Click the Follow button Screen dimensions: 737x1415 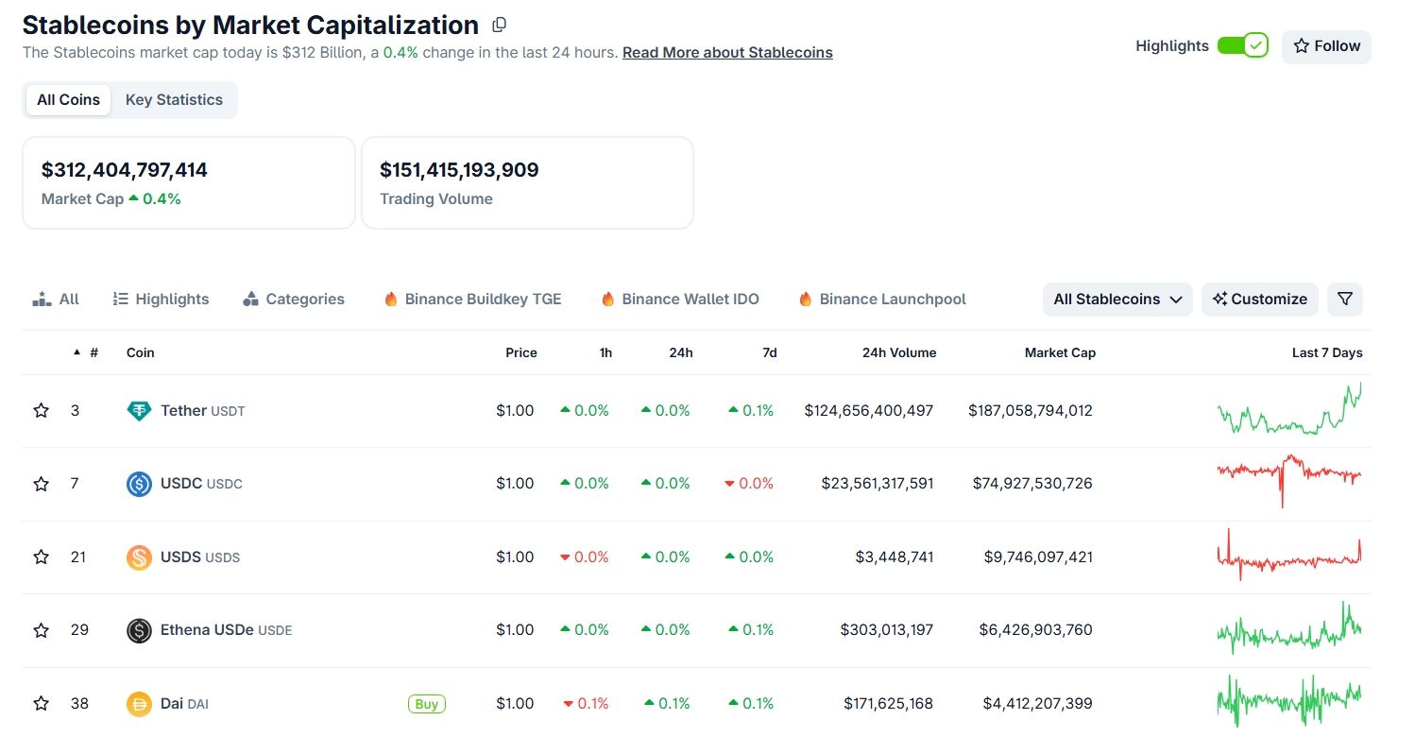point(1325,46)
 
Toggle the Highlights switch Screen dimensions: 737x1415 point(1241,45)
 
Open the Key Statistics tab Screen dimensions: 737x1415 point(174,100)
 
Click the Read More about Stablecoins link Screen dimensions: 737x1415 point(727,53)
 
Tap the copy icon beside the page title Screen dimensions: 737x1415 point(500,25)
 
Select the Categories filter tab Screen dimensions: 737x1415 point(294,300)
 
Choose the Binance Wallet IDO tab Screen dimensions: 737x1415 point(680,300)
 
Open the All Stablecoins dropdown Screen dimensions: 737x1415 point(1117,300)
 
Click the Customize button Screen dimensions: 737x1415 point(1259,300)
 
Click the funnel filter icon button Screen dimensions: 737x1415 point(1345,300)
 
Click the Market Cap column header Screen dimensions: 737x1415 point(1060,352)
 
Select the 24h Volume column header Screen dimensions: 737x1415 point(899,352)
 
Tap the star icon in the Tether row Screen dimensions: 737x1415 point(41,411)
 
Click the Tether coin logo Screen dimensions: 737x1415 point(139,411)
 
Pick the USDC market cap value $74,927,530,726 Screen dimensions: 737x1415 point(1032,484)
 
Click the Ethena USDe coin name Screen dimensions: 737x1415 point(207,630)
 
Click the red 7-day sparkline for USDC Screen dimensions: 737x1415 point(1288,477)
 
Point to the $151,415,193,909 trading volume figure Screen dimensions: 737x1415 point(459,171)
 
